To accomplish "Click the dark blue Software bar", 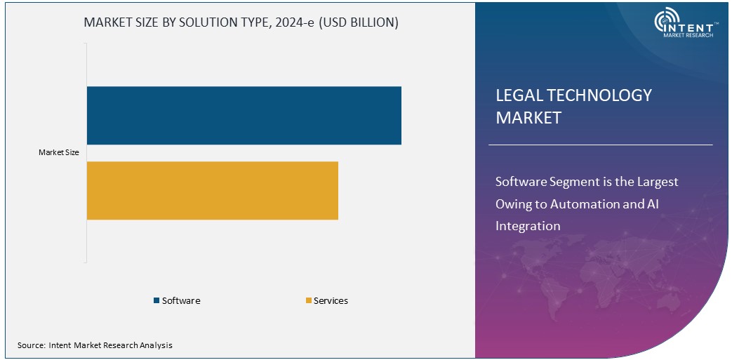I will point(244,116).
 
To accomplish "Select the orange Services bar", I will point(212,190).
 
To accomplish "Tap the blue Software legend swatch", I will point(157,301).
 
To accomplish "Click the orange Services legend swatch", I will point(308,301).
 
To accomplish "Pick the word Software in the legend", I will point(181,301).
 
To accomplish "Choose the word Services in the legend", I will point(331,301).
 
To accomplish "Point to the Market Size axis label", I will point(59,152).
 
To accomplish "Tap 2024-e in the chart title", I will point(300,22).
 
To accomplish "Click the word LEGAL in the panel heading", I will point(518,95).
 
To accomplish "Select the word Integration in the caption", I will point(528,226).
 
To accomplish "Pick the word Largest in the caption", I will point(658,182).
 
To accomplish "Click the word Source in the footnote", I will point(31,345).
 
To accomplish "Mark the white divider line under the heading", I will point(600,145).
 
